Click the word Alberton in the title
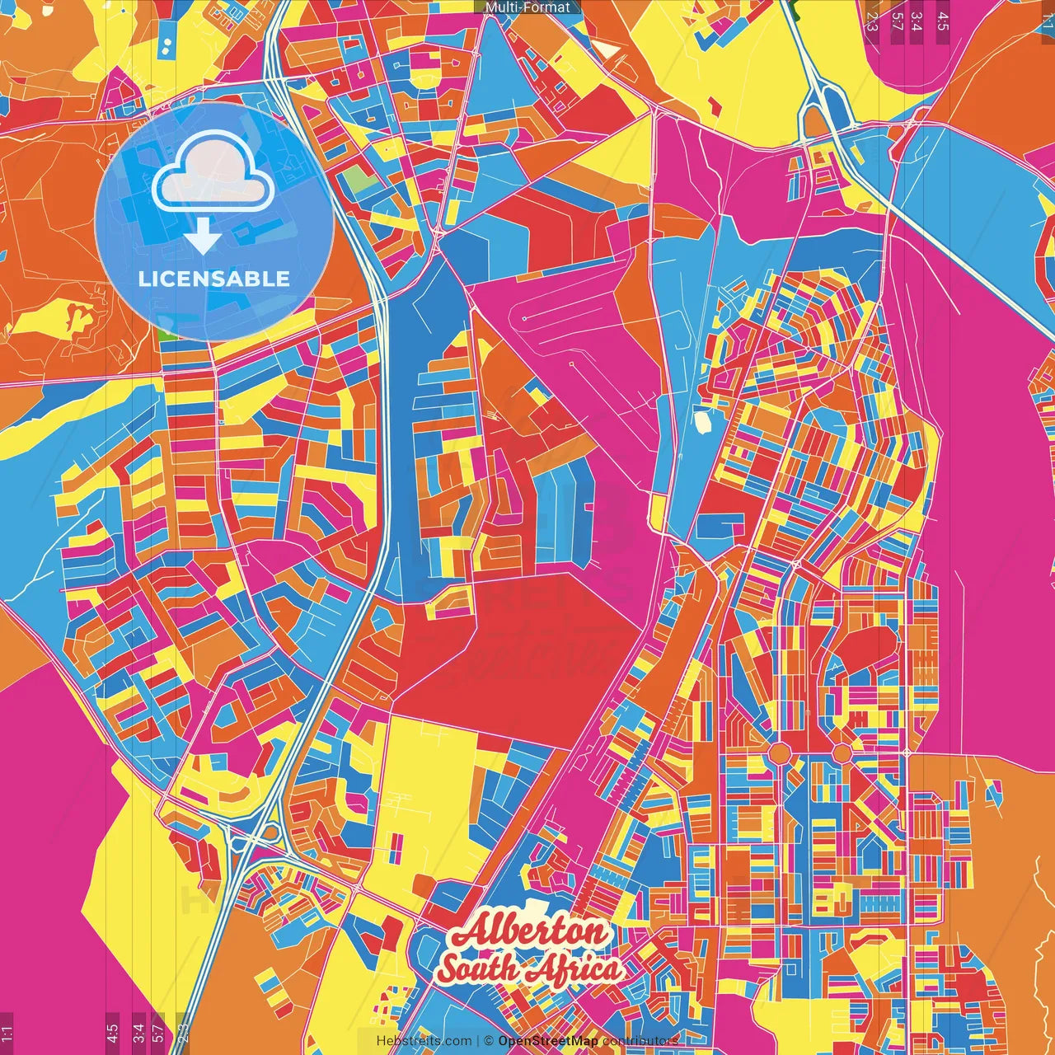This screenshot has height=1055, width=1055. pyautogui.click(x=530, y=932)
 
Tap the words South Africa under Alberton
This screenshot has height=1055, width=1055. pyautogui.click(x=530, y=968)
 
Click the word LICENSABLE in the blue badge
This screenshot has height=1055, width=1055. pyautogui.click(x=214, y=279)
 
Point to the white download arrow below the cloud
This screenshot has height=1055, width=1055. pyautogui.click(x=202, y=237)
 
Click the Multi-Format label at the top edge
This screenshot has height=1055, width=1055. pyautogui.click(x=527, y=7)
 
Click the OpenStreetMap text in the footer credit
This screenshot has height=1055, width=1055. pyautogui.click(x=548, y=1041)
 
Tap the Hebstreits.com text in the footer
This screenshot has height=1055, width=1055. pyautogui.click(x=424, y=1041)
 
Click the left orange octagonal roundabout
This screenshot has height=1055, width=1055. pyautogui.click(x=779, y=753)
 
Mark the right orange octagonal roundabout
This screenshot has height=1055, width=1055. pyautogui.click(x=842, y=753)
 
